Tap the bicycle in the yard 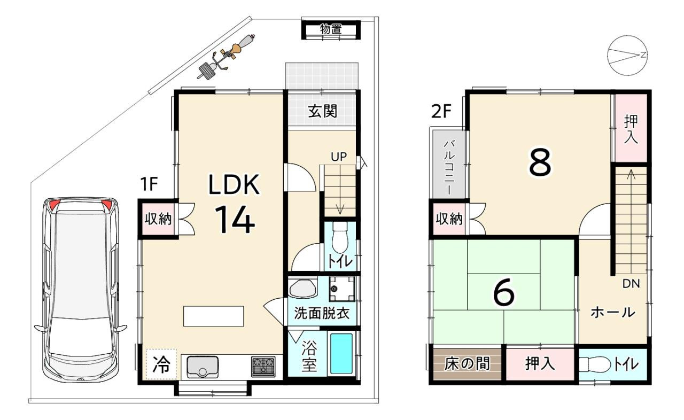226,57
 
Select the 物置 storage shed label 331,29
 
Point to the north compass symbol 627,56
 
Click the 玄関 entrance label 322,111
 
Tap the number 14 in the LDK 235,220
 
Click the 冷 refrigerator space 161,364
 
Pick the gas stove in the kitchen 263,367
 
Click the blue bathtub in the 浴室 341,354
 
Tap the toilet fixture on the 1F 340,237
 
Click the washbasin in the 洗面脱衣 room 302,287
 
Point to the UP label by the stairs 339,157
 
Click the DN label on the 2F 631,284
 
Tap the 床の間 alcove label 467,364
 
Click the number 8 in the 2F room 540,163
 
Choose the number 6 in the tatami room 504,293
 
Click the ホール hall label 613,312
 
